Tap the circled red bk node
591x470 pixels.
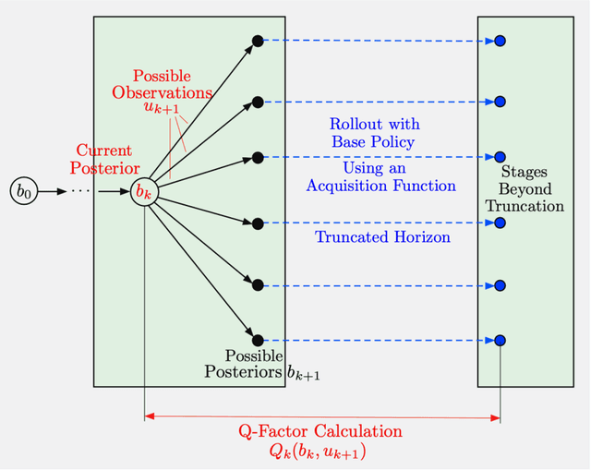click(x=143, y=192)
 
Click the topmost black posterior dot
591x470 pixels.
click(x=258, y=41)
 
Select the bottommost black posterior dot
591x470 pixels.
click(x=258, y=340)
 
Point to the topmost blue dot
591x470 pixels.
click(x=500, y=41)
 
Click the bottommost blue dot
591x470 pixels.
click(x=500, y=340)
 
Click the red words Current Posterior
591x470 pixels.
click(x=104, y=159)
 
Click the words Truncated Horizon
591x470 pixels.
click(x=382, y=237)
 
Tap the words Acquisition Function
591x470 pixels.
click(x=381, y=186)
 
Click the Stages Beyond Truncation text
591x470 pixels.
click(x=525, y=188)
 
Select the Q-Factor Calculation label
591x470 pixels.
click(x=320, y=431)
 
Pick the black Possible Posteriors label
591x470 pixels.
click(x=242, y=364)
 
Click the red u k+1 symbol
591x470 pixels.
click(x=161, y=109)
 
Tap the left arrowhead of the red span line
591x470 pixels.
click(x=149, y=417)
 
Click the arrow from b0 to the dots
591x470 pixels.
click(x=53, y=192)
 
